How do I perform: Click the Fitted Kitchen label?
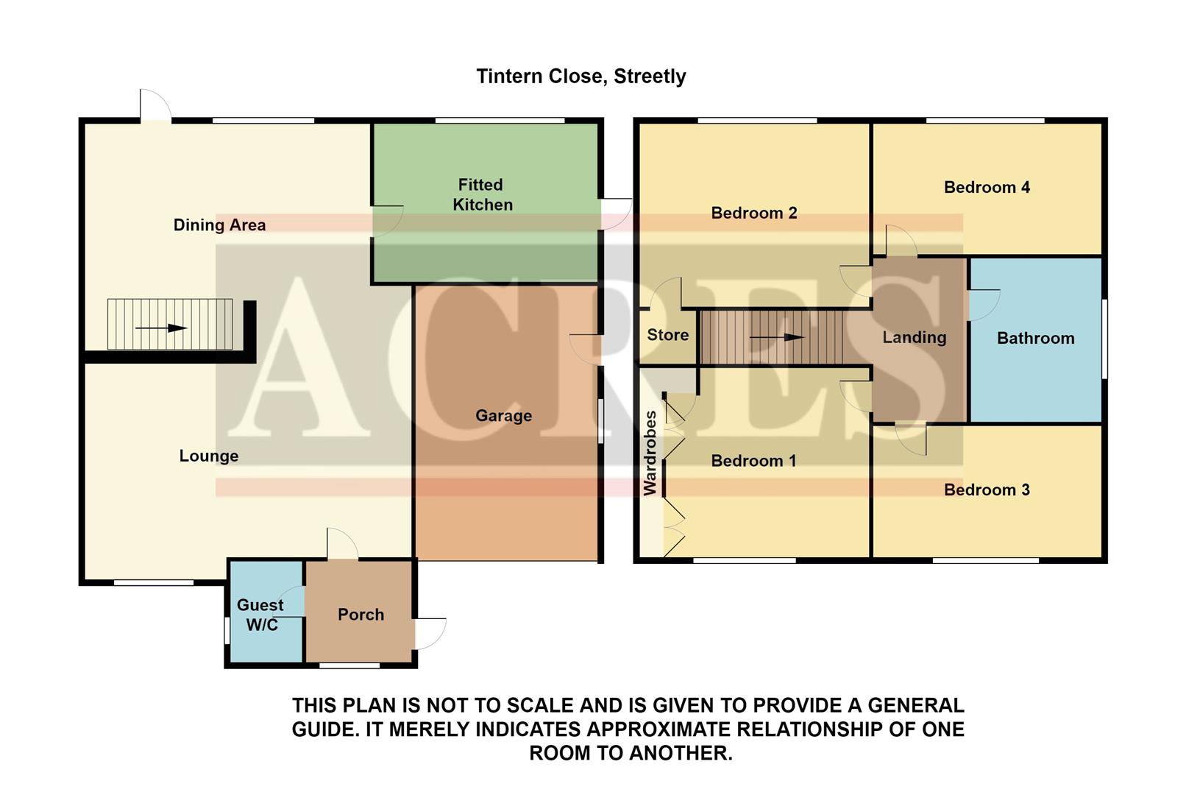tap(482, 194)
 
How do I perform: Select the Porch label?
tap(361, 615)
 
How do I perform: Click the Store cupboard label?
tap(667, 335)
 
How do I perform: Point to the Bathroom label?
tap(1035, 339)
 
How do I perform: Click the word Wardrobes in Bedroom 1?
tap(650, 453)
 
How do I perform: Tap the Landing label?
tap(914, 337)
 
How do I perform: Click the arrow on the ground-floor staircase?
tap(161, 328)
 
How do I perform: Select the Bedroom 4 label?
tap(987, 188)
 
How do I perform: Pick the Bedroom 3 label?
tap(986, 490)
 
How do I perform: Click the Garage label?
tap(503, 416)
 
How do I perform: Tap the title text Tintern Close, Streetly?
tap(580, 77)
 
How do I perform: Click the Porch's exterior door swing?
tap(430, 633)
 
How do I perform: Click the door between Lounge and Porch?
tap(342, 545)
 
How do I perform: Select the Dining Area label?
tap(219, 225)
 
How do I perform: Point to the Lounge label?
tap(208, 456)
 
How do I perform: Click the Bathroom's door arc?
tap(984, 304)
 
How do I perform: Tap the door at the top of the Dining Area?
tap(155, 105)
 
